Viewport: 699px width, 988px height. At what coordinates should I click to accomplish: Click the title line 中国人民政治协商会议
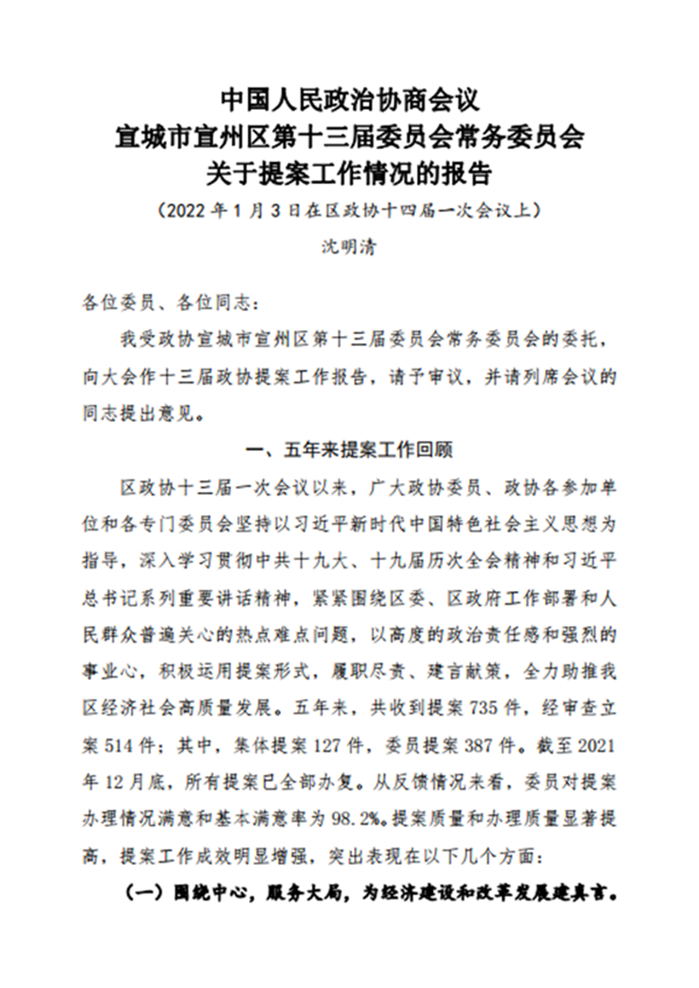click(x=349, y=99)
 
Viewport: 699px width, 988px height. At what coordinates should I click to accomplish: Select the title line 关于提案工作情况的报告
click(x=349, y=175)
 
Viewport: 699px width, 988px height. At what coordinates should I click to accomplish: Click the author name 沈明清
click(x=349, y=247)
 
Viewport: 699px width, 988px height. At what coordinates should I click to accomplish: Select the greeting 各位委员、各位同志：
click(x=170, y=303)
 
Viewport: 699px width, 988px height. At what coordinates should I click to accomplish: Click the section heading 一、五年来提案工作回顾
click(x=349, y=451)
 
